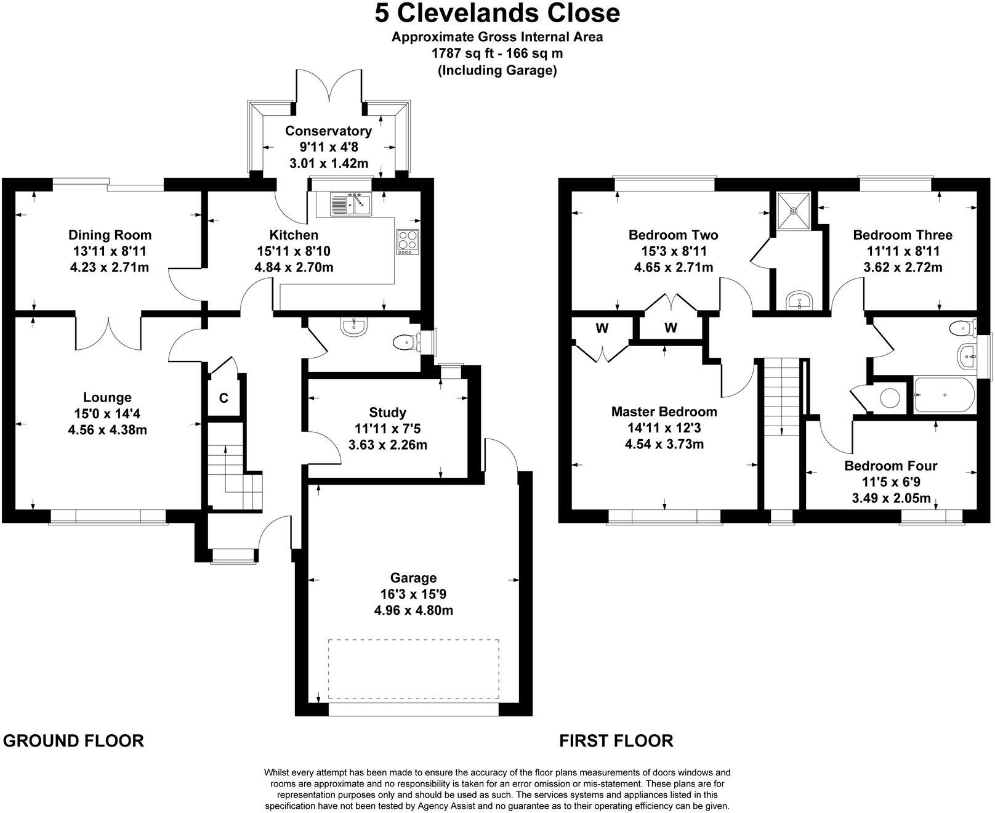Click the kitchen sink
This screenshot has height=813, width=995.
pos(350,204)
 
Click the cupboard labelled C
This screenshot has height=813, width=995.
pos(224,398)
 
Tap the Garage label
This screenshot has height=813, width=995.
pos(413,578)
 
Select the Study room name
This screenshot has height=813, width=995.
pos(387,412)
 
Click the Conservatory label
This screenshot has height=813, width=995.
pos(328,131)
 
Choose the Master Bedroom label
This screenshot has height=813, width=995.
pos(664,411)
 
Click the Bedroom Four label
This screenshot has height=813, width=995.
pos(890,466)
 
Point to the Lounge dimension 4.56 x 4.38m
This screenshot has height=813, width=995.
pos(107,430)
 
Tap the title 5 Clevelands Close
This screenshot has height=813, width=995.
pos(498,14)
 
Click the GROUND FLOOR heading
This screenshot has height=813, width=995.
pos(73,740)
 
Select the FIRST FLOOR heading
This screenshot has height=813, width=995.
pos(616,740)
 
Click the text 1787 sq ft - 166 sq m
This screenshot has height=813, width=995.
pos(498,54)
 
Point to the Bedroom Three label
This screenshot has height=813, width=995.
pos(902,235)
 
